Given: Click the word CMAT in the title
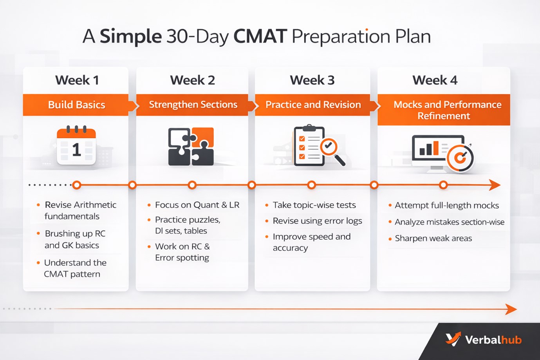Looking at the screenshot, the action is [x=260, y=36].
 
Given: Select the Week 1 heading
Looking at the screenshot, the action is [x=77, y=80].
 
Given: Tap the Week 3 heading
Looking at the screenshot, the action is [x=312, y=80].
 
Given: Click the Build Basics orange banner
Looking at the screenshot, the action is [x=77, y=105].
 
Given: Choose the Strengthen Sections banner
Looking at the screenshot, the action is [x=193, y=105].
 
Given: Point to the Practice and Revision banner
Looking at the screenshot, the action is [x=313, y=105].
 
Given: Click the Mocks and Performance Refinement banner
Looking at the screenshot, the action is [x=444, y=110].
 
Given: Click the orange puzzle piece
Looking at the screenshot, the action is [x=203, y=137].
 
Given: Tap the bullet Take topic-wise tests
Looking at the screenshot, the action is [x=311, y=205].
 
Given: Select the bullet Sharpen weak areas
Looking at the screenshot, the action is [x=430, y=239].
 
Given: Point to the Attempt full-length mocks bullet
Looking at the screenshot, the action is [x=444, y=205].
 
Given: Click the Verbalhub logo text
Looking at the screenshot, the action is [x=493, y=340].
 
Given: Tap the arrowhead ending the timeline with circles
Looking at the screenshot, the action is [x=495, y=185].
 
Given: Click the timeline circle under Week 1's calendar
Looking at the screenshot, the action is [x=77, y=185].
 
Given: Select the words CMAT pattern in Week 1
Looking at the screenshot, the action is [x=72, y=274].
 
